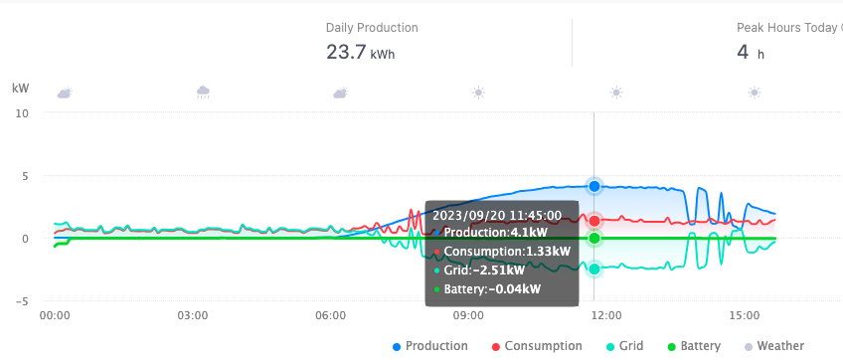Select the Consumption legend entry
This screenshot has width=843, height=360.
click(x=537, y=346)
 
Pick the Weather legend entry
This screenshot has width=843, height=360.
click(x=772, y=346)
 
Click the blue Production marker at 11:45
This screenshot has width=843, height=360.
click(x=594, y=186)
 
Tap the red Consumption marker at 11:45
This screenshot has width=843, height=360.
click(x=594, y=221)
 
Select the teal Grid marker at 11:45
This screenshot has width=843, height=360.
click(x=594, y=269)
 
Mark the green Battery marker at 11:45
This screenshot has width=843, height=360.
click(x=594, y=239)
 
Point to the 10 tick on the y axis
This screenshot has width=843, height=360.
click(x=22, y=113)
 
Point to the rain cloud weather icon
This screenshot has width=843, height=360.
click(x=203, y=92)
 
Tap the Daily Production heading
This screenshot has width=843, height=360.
click(x=372, y=28)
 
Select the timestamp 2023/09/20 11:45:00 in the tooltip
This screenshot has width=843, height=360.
click(x=497, y=214)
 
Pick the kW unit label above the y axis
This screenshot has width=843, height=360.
click(x=21, y=89)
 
